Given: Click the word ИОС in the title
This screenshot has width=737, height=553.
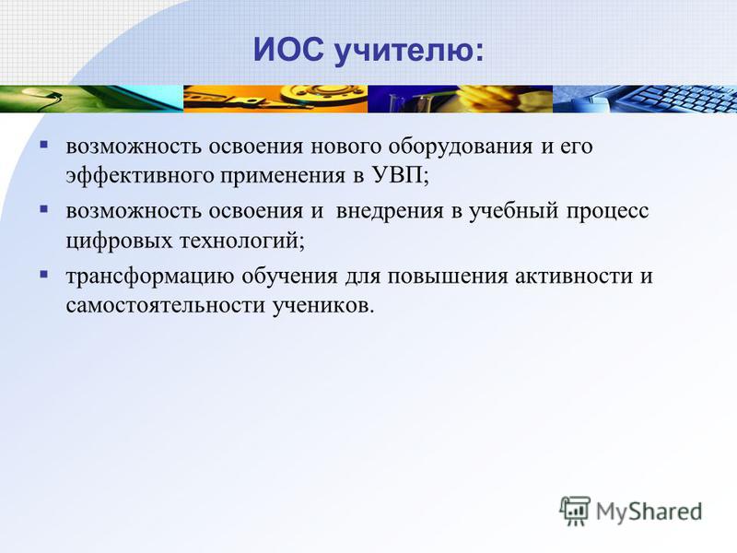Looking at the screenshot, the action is point(288,50).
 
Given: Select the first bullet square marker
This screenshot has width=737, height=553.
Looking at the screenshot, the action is point(44,145).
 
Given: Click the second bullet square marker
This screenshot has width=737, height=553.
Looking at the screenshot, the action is point(44,209).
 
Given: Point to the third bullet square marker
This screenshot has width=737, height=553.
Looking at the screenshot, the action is point(44,274).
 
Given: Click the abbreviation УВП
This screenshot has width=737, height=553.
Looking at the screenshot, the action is point(398,175).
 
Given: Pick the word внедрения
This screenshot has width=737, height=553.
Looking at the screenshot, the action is point(390,212).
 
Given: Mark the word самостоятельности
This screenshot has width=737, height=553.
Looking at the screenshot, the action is point(166,306).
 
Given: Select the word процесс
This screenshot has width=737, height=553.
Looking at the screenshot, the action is point(607,212).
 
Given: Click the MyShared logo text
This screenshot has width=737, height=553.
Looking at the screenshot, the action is point(649,512).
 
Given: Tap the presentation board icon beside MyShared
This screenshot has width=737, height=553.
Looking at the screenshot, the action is point(574,511).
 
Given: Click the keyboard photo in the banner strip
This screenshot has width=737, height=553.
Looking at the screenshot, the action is point(645,99).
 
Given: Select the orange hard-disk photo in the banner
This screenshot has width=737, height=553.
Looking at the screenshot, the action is point(275,99).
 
